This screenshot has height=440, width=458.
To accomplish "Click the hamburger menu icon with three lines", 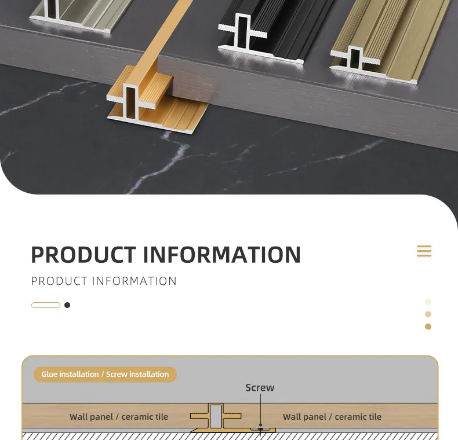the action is click(424, 251).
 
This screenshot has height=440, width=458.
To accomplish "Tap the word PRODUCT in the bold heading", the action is click(83, 255).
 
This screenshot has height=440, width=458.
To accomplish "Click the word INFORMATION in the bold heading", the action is click(222, 255).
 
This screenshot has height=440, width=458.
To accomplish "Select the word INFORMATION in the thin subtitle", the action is click(135, 281).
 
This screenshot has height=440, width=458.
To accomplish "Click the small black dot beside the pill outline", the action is click(67, 305).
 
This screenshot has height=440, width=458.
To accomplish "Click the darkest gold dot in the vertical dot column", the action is click(428, 327).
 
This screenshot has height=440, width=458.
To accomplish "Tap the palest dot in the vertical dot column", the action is click(428, 302).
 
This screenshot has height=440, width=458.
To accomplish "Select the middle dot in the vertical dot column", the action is click(428, 314).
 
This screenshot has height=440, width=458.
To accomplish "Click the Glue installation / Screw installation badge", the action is click(105, 375).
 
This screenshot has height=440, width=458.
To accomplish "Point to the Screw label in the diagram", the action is click(260, 387).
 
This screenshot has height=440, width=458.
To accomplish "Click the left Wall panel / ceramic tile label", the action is click(119, 417).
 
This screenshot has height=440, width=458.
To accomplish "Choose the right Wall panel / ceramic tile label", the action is click(332, 417).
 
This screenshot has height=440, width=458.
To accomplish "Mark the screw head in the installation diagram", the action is click(260, 429).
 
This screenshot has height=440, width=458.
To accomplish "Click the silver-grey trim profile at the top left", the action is click(79, 14).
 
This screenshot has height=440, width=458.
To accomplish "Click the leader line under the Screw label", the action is click(260, 409).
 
